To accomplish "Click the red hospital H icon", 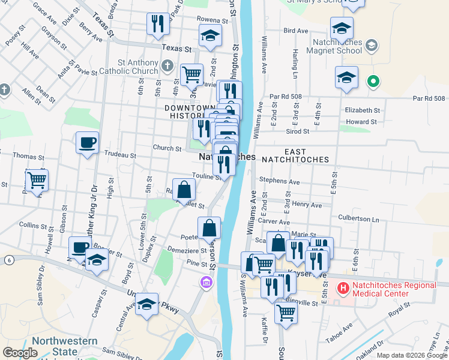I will click(343, 289).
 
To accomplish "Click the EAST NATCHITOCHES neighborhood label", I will click(299, 156).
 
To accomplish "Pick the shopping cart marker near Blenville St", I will click(286, 312).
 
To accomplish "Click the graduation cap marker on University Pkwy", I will click(146, 304).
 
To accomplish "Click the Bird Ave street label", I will click(295, 30).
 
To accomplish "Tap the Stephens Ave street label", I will click(279, 181).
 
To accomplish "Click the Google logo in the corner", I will click(20, 352).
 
